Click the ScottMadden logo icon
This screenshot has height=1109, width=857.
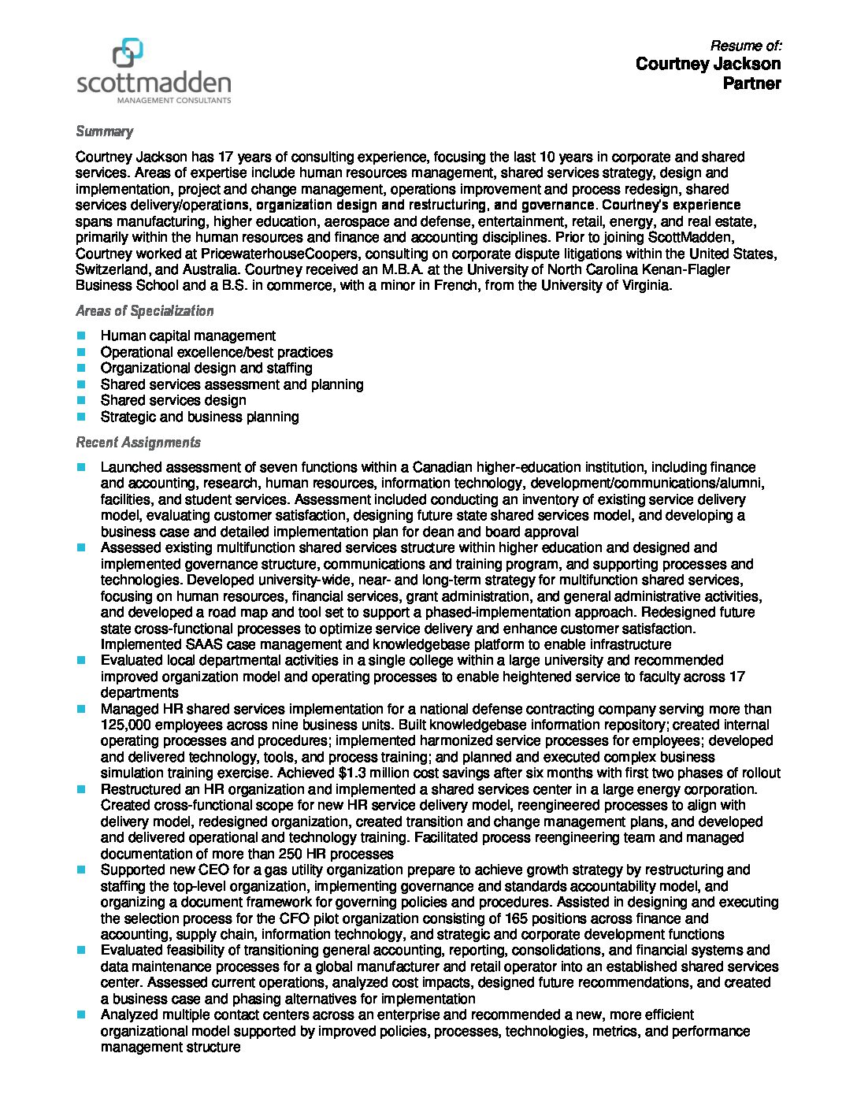coord(128,54)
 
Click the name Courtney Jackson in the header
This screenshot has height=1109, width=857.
coord(707,64)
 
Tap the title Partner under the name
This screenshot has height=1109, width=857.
coord(751,83)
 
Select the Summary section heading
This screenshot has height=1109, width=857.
coord(104,132)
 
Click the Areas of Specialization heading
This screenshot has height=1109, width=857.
coord(144,311)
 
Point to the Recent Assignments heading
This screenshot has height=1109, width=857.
coord(138,443)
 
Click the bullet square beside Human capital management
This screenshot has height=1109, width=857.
coord(81,336)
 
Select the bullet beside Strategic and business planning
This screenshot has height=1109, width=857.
coord(81,417)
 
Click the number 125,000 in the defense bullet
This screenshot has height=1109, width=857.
coord(129,725)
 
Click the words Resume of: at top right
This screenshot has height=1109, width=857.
coord(745,46)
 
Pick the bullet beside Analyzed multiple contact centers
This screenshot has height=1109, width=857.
coord(81,1015)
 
